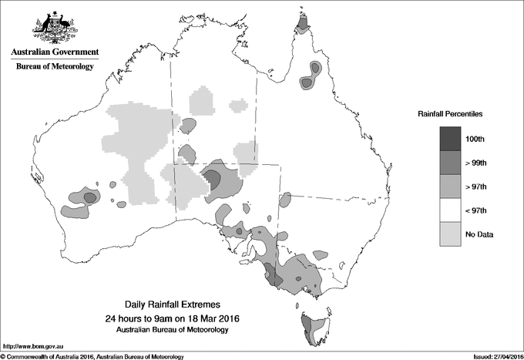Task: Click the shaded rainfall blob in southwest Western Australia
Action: (87, 198)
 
